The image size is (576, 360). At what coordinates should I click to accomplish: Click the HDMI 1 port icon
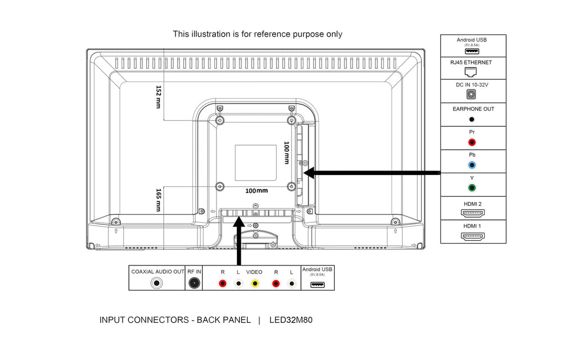(x=472, y=236)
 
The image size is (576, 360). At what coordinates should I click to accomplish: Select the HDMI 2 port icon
(x=472, y=213)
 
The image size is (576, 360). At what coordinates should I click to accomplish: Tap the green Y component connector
(x=472, y=188)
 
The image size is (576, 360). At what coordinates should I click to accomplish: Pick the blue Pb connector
(x=472, y=165)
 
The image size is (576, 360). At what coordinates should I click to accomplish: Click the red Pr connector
(x=472, y=142)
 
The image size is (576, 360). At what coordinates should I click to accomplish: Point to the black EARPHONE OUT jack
(x=472, y=119)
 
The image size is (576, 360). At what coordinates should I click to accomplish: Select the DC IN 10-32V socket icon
(x=471, y=94)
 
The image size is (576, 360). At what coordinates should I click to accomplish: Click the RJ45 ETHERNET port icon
(x=471, y=71)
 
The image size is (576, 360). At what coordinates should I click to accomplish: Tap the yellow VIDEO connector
(x=255, y=283)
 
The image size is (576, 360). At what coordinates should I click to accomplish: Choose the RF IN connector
(x=194, y=283)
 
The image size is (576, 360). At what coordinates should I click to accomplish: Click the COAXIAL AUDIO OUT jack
(x=157, y=283)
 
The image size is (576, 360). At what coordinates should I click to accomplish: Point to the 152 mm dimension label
(x=158, y=97)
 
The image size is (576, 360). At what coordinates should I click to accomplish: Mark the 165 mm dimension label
(x=158, y=200)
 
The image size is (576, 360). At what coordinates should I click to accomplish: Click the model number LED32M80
(x=291, y=320)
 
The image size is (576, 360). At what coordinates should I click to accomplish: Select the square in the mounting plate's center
(x=256, y=163)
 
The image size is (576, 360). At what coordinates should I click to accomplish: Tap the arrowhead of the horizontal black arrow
(x=309, y=173)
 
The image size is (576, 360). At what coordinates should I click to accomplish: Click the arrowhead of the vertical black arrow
(x=239, y=222)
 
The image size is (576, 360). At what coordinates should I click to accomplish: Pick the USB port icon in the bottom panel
(x=317, y=284)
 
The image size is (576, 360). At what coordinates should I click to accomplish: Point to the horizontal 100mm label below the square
(x=256, y=191)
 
